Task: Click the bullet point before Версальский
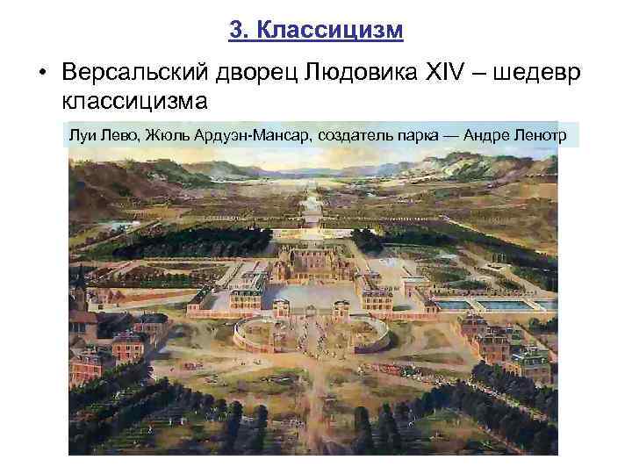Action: pos(41,72)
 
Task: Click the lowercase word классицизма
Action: pos(134,101)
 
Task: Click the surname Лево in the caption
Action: pos(118,133)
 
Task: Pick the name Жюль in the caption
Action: pos(165,133)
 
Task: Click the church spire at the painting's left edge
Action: pos(80,282)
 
